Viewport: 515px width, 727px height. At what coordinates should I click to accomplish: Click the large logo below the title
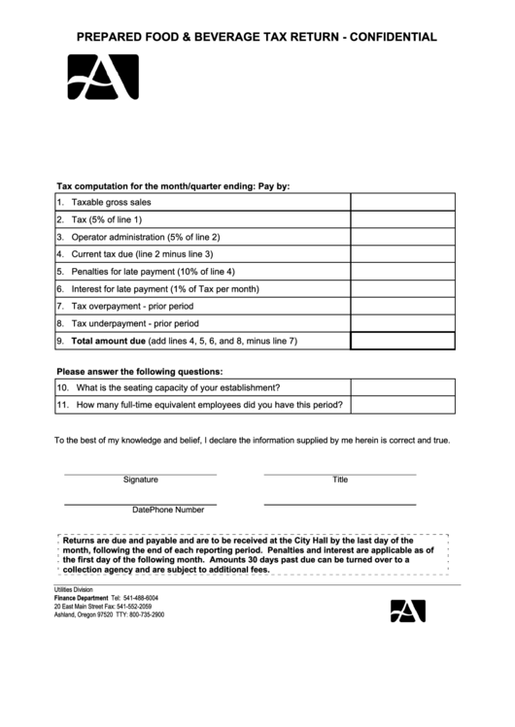pyautogui.click(x=103, y=78)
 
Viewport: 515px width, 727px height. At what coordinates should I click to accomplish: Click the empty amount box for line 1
pyautogui.click(x=402, y=202)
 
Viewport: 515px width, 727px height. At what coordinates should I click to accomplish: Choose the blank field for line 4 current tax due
pyautogui.click(x=402, y=254)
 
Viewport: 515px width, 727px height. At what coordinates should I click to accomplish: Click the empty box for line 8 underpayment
pyautogui.click(x=402, y=323)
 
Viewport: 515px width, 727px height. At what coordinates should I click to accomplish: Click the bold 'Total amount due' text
pyautogui.click(x=108, y=341)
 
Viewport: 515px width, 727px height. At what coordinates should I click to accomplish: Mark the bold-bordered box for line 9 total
pyautogui.click(x=402, y=341)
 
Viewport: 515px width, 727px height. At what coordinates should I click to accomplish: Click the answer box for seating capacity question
pyautogui.click(x=402, y=387)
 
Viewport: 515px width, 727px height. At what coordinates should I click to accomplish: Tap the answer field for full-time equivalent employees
pyautogui.click(x=402, y=405)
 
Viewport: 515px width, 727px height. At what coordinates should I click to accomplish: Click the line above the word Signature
pyautogui.click(x=140, y=474)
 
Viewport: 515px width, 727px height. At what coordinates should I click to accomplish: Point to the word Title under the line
pyautogui.click(x=340, y=479)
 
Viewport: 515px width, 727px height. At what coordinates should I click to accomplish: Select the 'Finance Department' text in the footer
pyautogui.click(x=81, y=598)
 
